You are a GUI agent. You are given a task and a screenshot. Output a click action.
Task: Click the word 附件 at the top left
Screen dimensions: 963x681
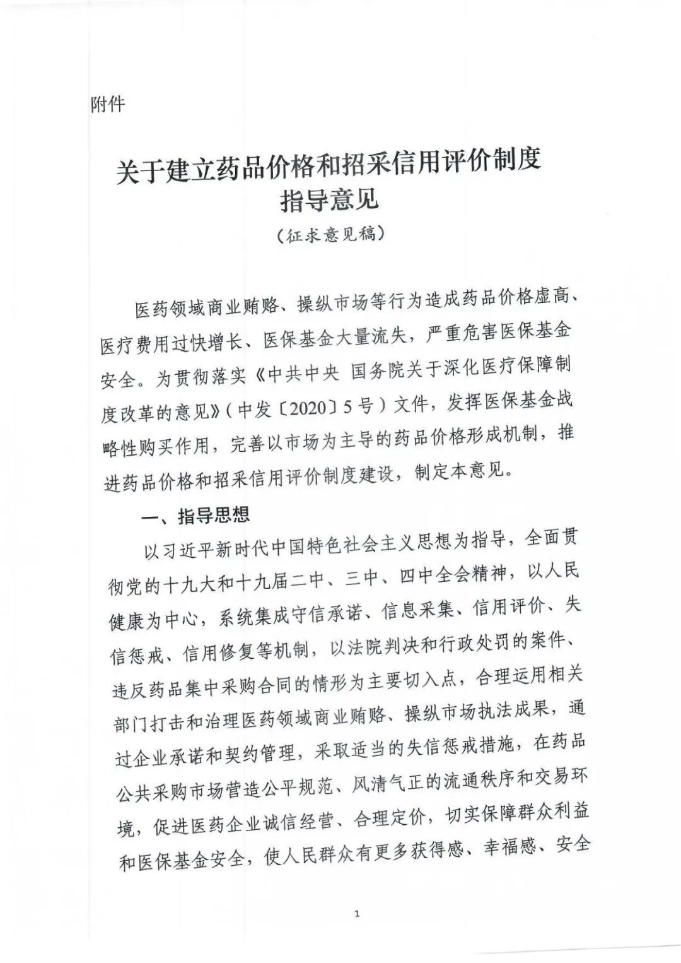click(x=108, y=103)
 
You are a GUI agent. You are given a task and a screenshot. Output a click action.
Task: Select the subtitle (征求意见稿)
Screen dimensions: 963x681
click(x=330, y=235)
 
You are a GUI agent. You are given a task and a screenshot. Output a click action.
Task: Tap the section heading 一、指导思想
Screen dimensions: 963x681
click(x=195, y=516)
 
